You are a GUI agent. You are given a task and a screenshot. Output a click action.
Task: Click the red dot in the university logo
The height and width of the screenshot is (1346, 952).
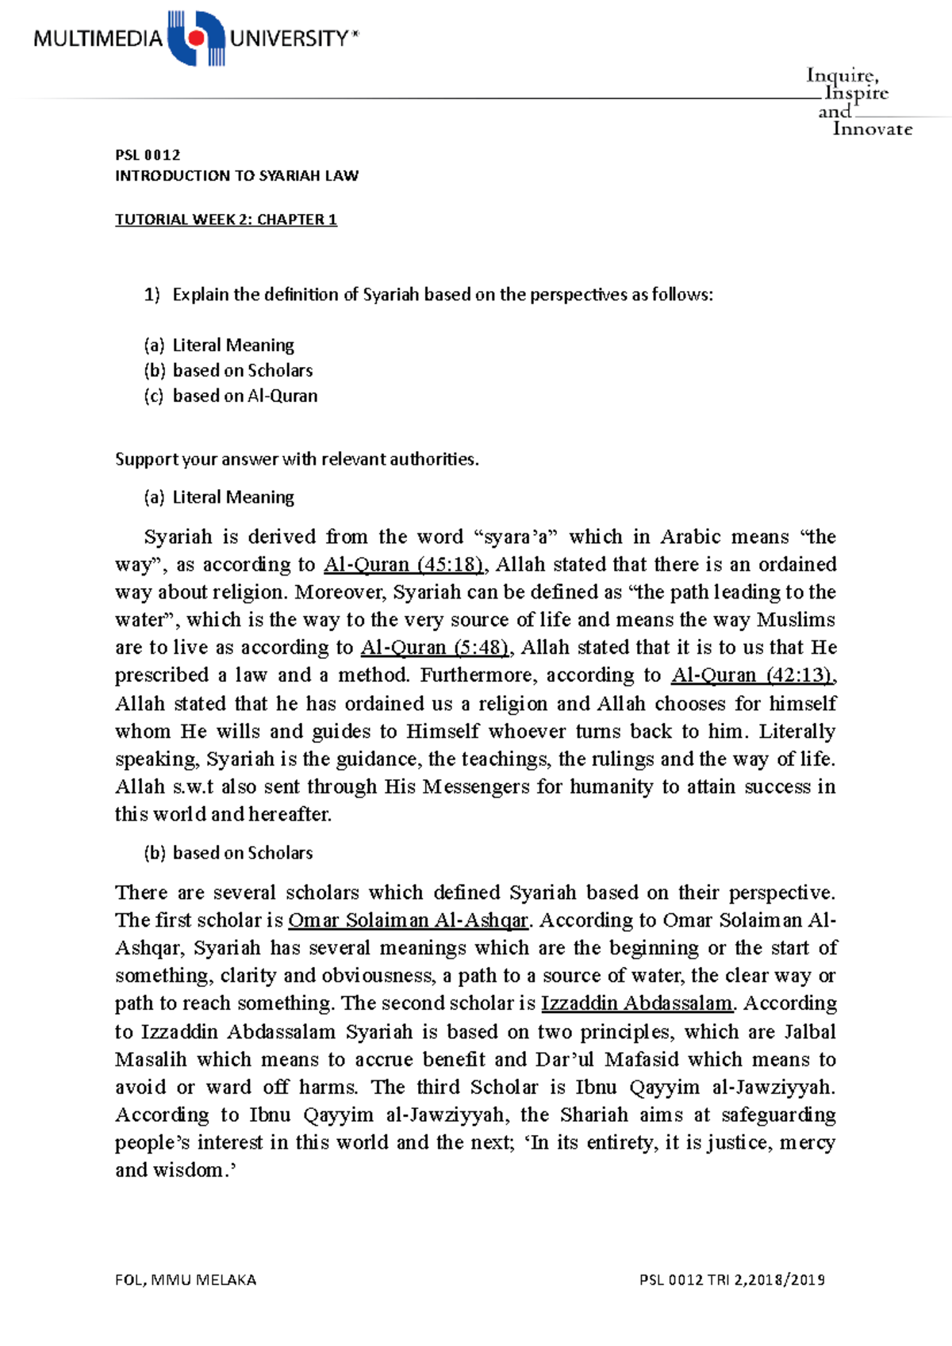click(196, 37)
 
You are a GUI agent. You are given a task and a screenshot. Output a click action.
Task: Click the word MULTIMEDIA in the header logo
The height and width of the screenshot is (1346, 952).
click(98, 39)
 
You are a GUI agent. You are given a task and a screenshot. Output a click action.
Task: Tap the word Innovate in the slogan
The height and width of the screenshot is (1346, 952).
click(872, 129)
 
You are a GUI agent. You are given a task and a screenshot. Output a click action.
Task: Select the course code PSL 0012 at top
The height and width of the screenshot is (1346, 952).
click(148, 155)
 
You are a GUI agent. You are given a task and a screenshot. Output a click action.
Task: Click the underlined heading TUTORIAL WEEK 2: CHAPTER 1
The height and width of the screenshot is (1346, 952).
click(226, 220)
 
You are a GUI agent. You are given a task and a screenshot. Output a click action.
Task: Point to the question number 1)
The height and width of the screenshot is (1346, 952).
click(152, 295)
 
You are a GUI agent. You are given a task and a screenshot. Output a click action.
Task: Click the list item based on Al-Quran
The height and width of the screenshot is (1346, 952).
click(244, 396)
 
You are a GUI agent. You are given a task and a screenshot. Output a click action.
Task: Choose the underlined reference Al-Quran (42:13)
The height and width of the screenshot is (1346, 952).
click(753, 675)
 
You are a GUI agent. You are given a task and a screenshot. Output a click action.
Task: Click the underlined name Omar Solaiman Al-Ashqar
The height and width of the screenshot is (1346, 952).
click(408, 920)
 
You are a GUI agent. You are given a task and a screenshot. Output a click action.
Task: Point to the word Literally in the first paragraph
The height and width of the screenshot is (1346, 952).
click(797, 731)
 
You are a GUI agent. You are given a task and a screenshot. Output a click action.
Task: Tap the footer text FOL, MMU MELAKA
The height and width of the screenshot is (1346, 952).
click(186, 1280)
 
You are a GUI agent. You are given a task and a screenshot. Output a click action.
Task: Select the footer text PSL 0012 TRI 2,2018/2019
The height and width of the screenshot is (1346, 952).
click(731, 1280)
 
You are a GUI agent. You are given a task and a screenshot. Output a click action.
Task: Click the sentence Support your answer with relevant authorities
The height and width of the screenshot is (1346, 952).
click(297, 460)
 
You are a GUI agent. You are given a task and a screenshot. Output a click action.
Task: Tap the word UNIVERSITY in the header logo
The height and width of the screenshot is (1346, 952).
click(290, 39)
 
